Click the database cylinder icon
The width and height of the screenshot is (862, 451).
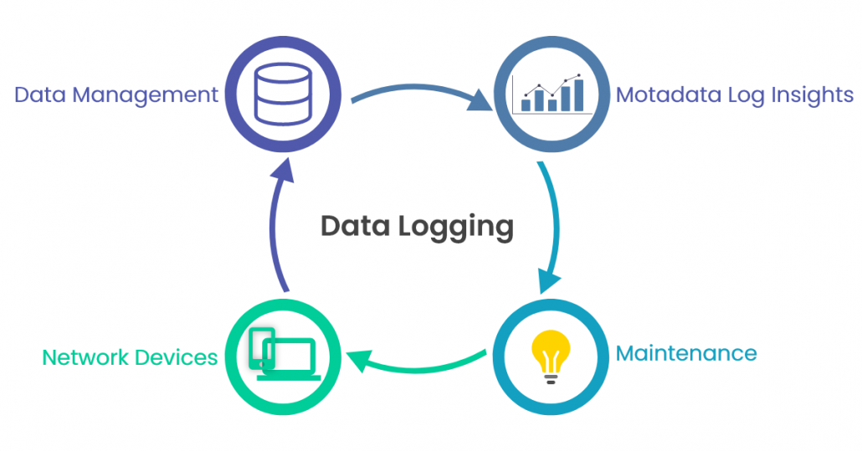tap(281, 93)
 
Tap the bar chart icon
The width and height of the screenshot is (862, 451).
tap(551, 95)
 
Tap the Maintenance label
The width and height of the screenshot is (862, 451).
tap(686, 353)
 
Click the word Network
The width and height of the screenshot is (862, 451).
tap(83, 358)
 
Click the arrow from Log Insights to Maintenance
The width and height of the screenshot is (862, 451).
tap(553, 226)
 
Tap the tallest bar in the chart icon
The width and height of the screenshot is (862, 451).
tap(577, 95)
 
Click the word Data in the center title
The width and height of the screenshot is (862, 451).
tap(348, 226)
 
